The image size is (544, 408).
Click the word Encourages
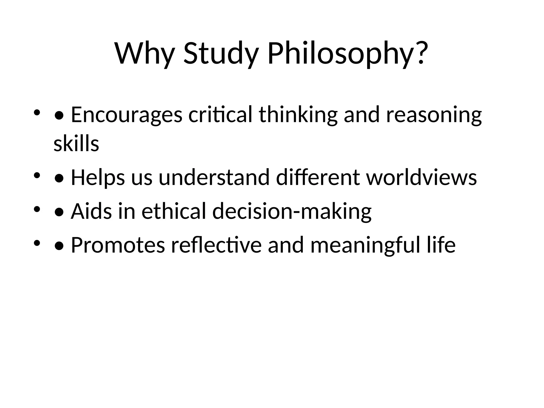(127, 115)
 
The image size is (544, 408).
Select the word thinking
(298, 115)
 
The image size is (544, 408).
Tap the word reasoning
(434, 115)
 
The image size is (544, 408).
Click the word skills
(76, 144)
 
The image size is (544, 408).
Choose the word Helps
(98, 177)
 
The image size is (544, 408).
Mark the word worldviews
(422, 177)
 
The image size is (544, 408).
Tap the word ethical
(174, 211)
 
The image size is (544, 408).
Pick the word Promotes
(118, 245)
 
